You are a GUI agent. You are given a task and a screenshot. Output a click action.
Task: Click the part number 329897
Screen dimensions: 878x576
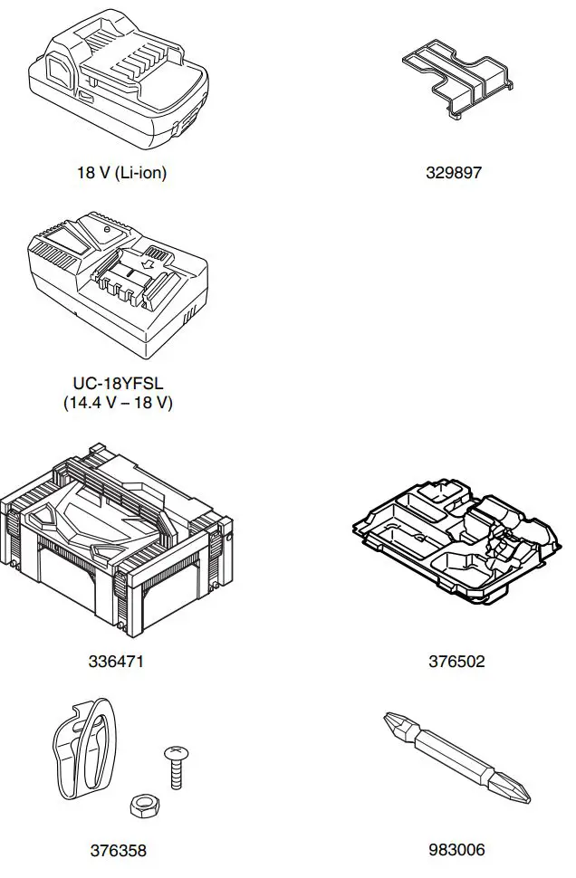pyautogui.click(x=454, y=173)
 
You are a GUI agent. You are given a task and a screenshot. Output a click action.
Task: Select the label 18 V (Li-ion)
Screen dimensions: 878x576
pyautogui.click(x=121, y=173)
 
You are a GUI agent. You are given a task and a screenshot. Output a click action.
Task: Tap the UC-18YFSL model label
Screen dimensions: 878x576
pyautogui.click(x=118, y=384)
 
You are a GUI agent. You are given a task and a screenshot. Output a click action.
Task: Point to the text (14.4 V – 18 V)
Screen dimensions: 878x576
pyautogui.click(x=118, y=403)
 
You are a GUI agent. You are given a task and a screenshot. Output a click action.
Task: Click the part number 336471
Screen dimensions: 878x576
pyautogui.click(x=116, y=662)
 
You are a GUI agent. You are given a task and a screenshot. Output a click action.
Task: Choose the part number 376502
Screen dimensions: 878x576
pyautogui.click(x=456, y=662)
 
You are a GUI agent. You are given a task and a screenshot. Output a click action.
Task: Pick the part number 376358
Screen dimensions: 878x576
pyautogui.click(x=118, y=850)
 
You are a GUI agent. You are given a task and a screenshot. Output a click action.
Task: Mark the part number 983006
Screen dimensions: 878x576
pyautogui.click(x=456, y=850)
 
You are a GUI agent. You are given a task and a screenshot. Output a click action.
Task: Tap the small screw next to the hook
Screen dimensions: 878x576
pyautogui.click(x=173, y=765)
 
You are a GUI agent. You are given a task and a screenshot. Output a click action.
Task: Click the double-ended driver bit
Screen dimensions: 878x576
pyautogui.click(x=456, y=759)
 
